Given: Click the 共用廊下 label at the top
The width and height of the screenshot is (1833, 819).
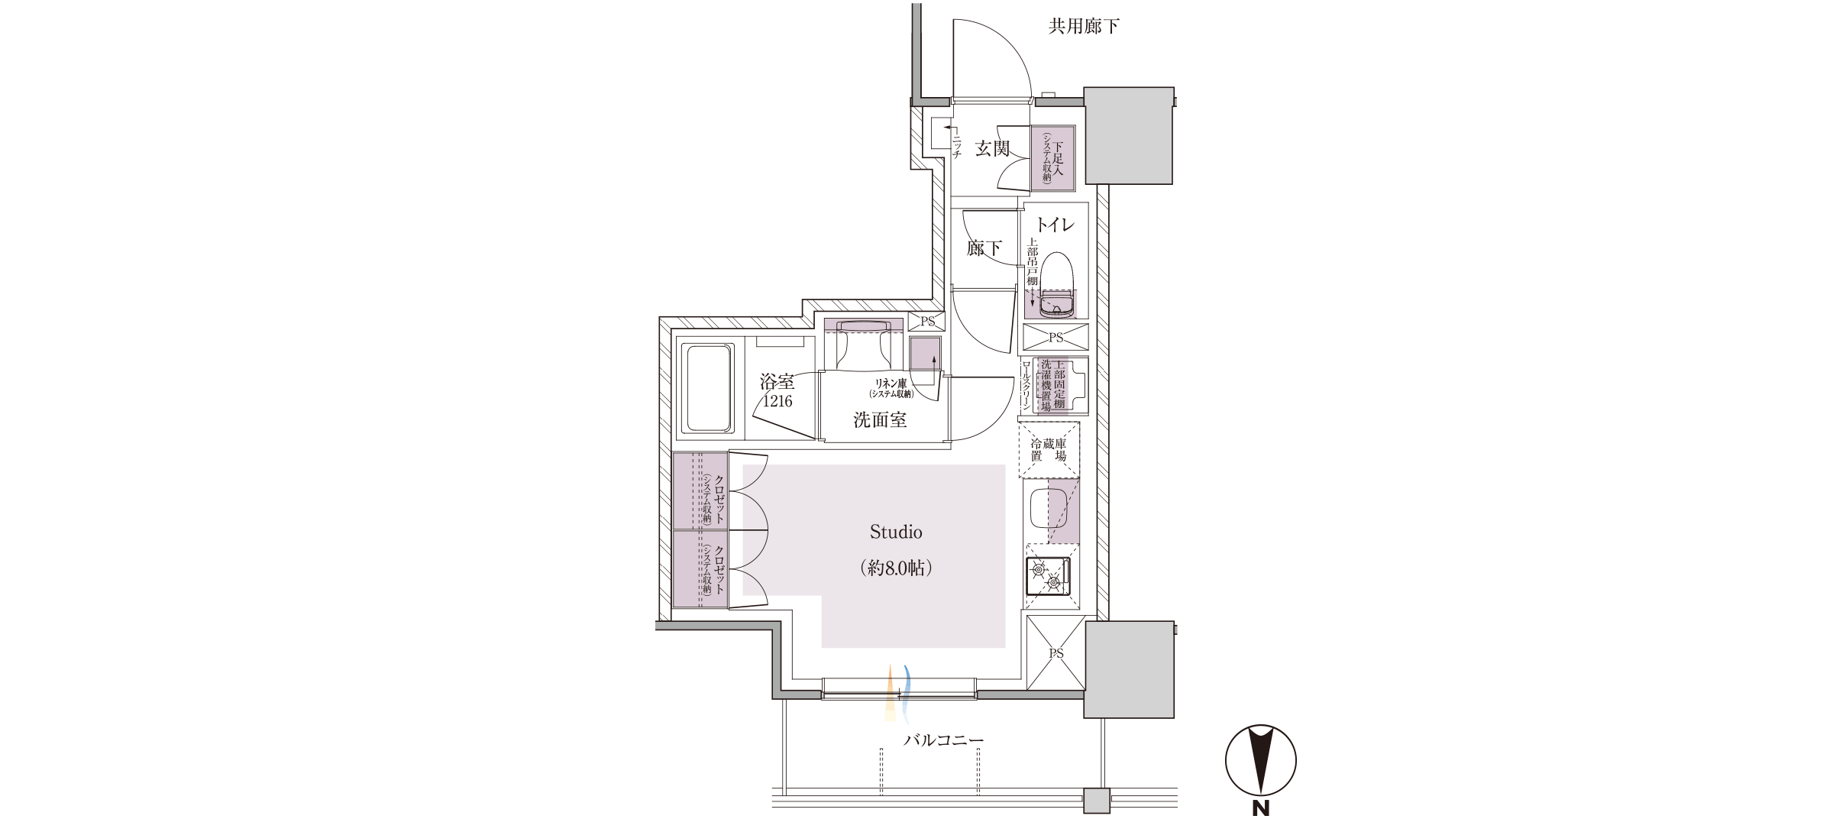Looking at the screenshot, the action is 1084,27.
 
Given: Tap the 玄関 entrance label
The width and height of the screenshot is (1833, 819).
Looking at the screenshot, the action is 992,148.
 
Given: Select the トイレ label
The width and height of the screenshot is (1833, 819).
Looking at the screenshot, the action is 1055,225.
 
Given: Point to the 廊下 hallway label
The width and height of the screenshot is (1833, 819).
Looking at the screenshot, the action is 984,248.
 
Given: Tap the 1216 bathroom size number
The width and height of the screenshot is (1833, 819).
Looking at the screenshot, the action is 777,401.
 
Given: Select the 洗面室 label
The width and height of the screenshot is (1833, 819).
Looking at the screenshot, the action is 880,419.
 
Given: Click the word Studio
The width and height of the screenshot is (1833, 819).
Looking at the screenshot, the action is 896,532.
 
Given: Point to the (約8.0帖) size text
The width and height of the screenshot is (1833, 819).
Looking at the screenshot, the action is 896,568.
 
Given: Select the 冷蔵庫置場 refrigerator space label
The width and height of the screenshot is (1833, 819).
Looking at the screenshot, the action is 1049,449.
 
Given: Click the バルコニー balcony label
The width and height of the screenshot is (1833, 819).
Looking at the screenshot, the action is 944,740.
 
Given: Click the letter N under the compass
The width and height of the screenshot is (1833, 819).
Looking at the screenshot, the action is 1260,808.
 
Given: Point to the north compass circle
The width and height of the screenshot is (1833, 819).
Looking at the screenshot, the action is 1260,759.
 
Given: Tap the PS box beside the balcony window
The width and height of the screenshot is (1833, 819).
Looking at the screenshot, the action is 1056,653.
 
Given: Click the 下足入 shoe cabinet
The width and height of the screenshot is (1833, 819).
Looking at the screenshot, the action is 1053,158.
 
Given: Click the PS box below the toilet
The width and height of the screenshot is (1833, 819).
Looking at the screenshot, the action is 1056,337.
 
